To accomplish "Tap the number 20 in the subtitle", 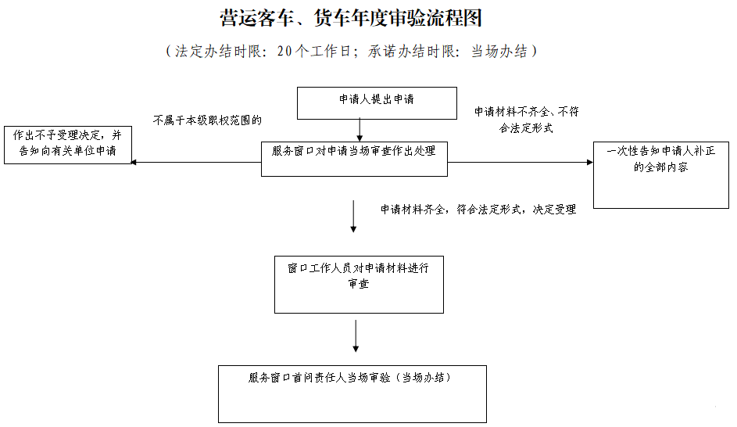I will click(x=284, y=52).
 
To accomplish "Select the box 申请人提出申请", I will click(x=376, y=102).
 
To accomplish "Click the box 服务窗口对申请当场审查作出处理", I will click(x=354, y=159).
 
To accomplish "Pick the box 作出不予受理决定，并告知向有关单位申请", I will click(x=66, y=145).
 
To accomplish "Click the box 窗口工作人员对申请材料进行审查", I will click(x=359, y=284).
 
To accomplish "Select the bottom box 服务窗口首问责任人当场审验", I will click(x=352, y=393).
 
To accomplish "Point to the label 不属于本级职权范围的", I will click(x=207, y=120).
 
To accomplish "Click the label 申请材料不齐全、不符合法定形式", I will click(x=527, y=120).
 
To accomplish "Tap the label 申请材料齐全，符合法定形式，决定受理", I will click(x=478, y=210).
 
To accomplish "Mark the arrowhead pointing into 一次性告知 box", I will click(x=589, y=163).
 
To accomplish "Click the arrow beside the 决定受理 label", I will click(x=353, y=217).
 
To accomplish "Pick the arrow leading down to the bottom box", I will click(x=356, y=336).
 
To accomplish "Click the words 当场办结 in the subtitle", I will click(x=498, y=52).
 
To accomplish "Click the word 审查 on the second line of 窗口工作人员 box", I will click(x=359, y=284).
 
